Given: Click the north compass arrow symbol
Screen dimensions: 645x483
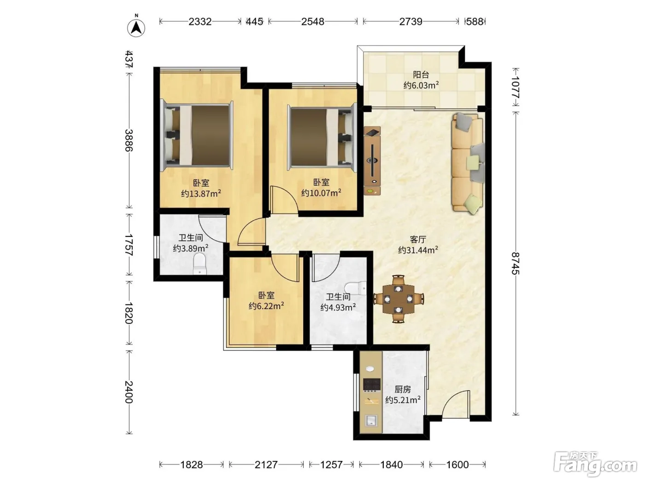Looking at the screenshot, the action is [136, 28].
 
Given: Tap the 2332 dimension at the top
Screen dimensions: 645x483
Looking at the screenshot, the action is [200, 22].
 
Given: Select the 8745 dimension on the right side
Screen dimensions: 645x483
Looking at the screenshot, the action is [516, 263].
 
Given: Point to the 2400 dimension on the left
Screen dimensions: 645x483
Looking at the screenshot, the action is [129, 392].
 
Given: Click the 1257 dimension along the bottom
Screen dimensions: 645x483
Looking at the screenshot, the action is [331, 465].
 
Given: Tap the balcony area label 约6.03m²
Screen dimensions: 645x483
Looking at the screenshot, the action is [421, 85].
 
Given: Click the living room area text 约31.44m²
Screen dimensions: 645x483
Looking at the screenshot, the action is [418, 250].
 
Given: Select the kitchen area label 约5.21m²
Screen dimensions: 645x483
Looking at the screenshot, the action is [403, 399].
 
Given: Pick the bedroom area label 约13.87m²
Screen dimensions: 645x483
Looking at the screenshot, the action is [201, 193].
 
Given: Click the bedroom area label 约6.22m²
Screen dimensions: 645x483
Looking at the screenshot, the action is [266, 306].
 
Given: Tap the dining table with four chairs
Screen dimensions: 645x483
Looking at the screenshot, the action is [398, 299].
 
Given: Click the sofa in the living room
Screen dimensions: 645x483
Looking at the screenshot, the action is [468, 163].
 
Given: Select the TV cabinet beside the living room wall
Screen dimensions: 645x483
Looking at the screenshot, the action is [372, 161].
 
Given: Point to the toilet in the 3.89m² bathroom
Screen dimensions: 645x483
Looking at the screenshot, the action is [199, 264].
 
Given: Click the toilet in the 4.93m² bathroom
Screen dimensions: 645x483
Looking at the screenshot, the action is [356, 289].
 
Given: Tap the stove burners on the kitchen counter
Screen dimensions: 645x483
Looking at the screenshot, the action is [372, 385].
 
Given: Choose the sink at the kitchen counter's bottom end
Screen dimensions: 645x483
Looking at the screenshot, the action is [371, 420].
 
